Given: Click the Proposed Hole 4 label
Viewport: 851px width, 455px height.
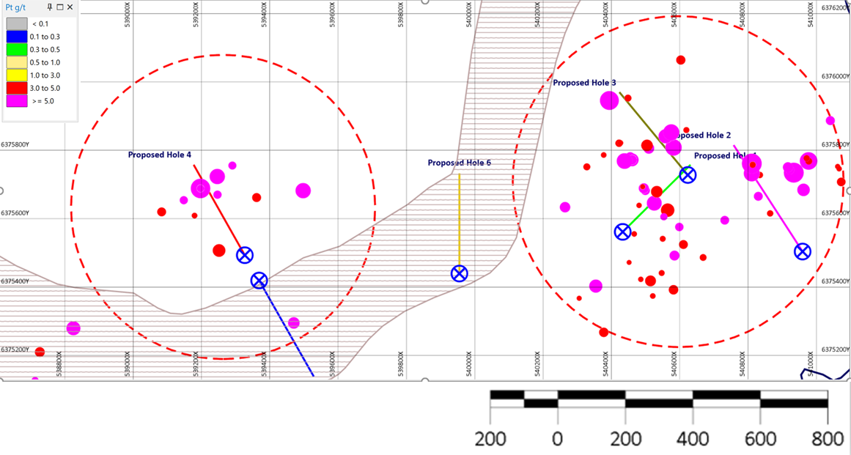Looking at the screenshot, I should (160, 155).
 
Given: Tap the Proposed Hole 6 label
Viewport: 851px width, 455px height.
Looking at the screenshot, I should (460, 163).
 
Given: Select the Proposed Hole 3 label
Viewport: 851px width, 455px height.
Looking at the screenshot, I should (584, 83).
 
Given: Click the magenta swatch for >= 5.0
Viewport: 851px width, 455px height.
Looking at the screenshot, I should (18, 101).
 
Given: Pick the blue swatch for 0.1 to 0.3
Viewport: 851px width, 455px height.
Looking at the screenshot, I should (18, 37).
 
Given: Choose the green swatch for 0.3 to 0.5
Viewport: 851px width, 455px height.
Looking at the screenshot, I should (18, 50).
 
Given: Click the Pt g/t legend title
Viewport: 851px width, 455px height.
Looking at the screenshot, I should (17, 7).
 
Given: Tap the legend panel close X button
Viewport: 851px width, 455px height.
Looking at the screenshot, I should (70, 7).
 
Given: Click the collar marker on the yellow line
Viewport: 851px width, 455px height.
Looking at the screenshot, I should (460, 273).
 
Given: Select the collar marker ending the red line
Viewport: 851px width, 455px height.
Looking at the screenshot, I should (245, 255).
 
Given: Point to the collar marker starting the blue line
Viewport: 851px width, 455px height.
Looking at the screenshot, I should (259, 280).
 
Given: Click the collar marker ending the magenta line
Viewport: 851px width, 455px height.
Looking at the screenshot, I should (803, 251).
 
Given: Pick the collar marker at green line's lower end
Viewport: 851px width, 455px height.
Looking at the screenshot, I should (622, 232).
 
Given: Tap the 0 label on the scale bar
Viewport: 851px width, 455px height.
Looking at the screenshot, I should (558, 440).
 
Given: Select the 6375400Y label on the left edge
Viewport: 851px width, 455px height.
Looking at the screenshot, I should (15, 281).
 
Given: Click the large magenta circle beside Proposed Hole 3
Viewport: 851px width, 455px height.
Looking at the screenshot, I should (610, 100).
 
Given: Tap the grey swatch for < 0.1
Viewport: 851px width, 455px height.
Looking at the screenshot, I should (18, 24).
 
